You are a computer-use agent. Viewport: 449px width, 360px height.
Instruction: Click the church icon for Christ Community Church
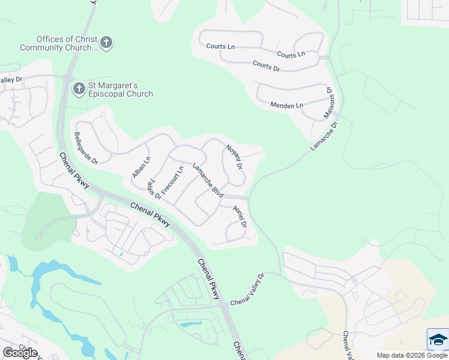point(107,43)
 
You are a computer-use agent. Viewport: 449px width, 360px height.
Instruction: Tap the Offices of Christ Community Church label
point(58,43)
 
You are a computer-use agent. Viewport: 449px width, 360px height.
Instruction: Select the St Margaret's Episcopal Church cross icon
point(79,89)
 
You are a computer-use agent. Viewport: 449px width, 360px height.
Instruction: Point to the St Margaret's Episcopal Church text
point(121,89)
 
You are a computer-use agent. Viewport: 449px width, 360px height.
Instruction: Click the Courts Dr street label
point(267,65)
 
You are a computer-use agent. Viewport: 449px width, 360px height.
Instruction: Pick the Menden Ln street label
point(286,106)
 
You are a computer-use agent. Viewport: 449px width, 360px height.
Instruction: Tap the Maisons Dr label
point(328,102)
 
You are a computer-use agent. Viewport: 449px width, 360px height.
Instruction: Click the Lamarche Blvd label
point(208,181)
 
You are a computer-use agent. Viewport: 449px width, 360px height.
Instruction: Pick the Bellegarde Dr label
point(85,148)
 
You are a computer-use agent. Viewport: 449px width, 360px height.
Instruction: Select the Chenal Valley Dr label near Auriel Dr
point(247,289)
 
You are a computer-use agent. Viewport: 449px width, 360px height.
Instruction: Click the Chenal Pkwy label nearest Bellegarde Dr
point(74,170)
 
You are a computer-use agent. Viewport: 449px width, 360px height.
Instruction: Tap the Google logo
point(19,352)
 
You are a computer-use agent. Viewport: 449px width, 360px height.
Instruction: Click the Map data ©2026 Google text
point(412,355)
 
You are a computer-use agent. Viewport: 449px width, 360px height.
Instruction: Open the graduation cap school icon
point(438,340)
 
